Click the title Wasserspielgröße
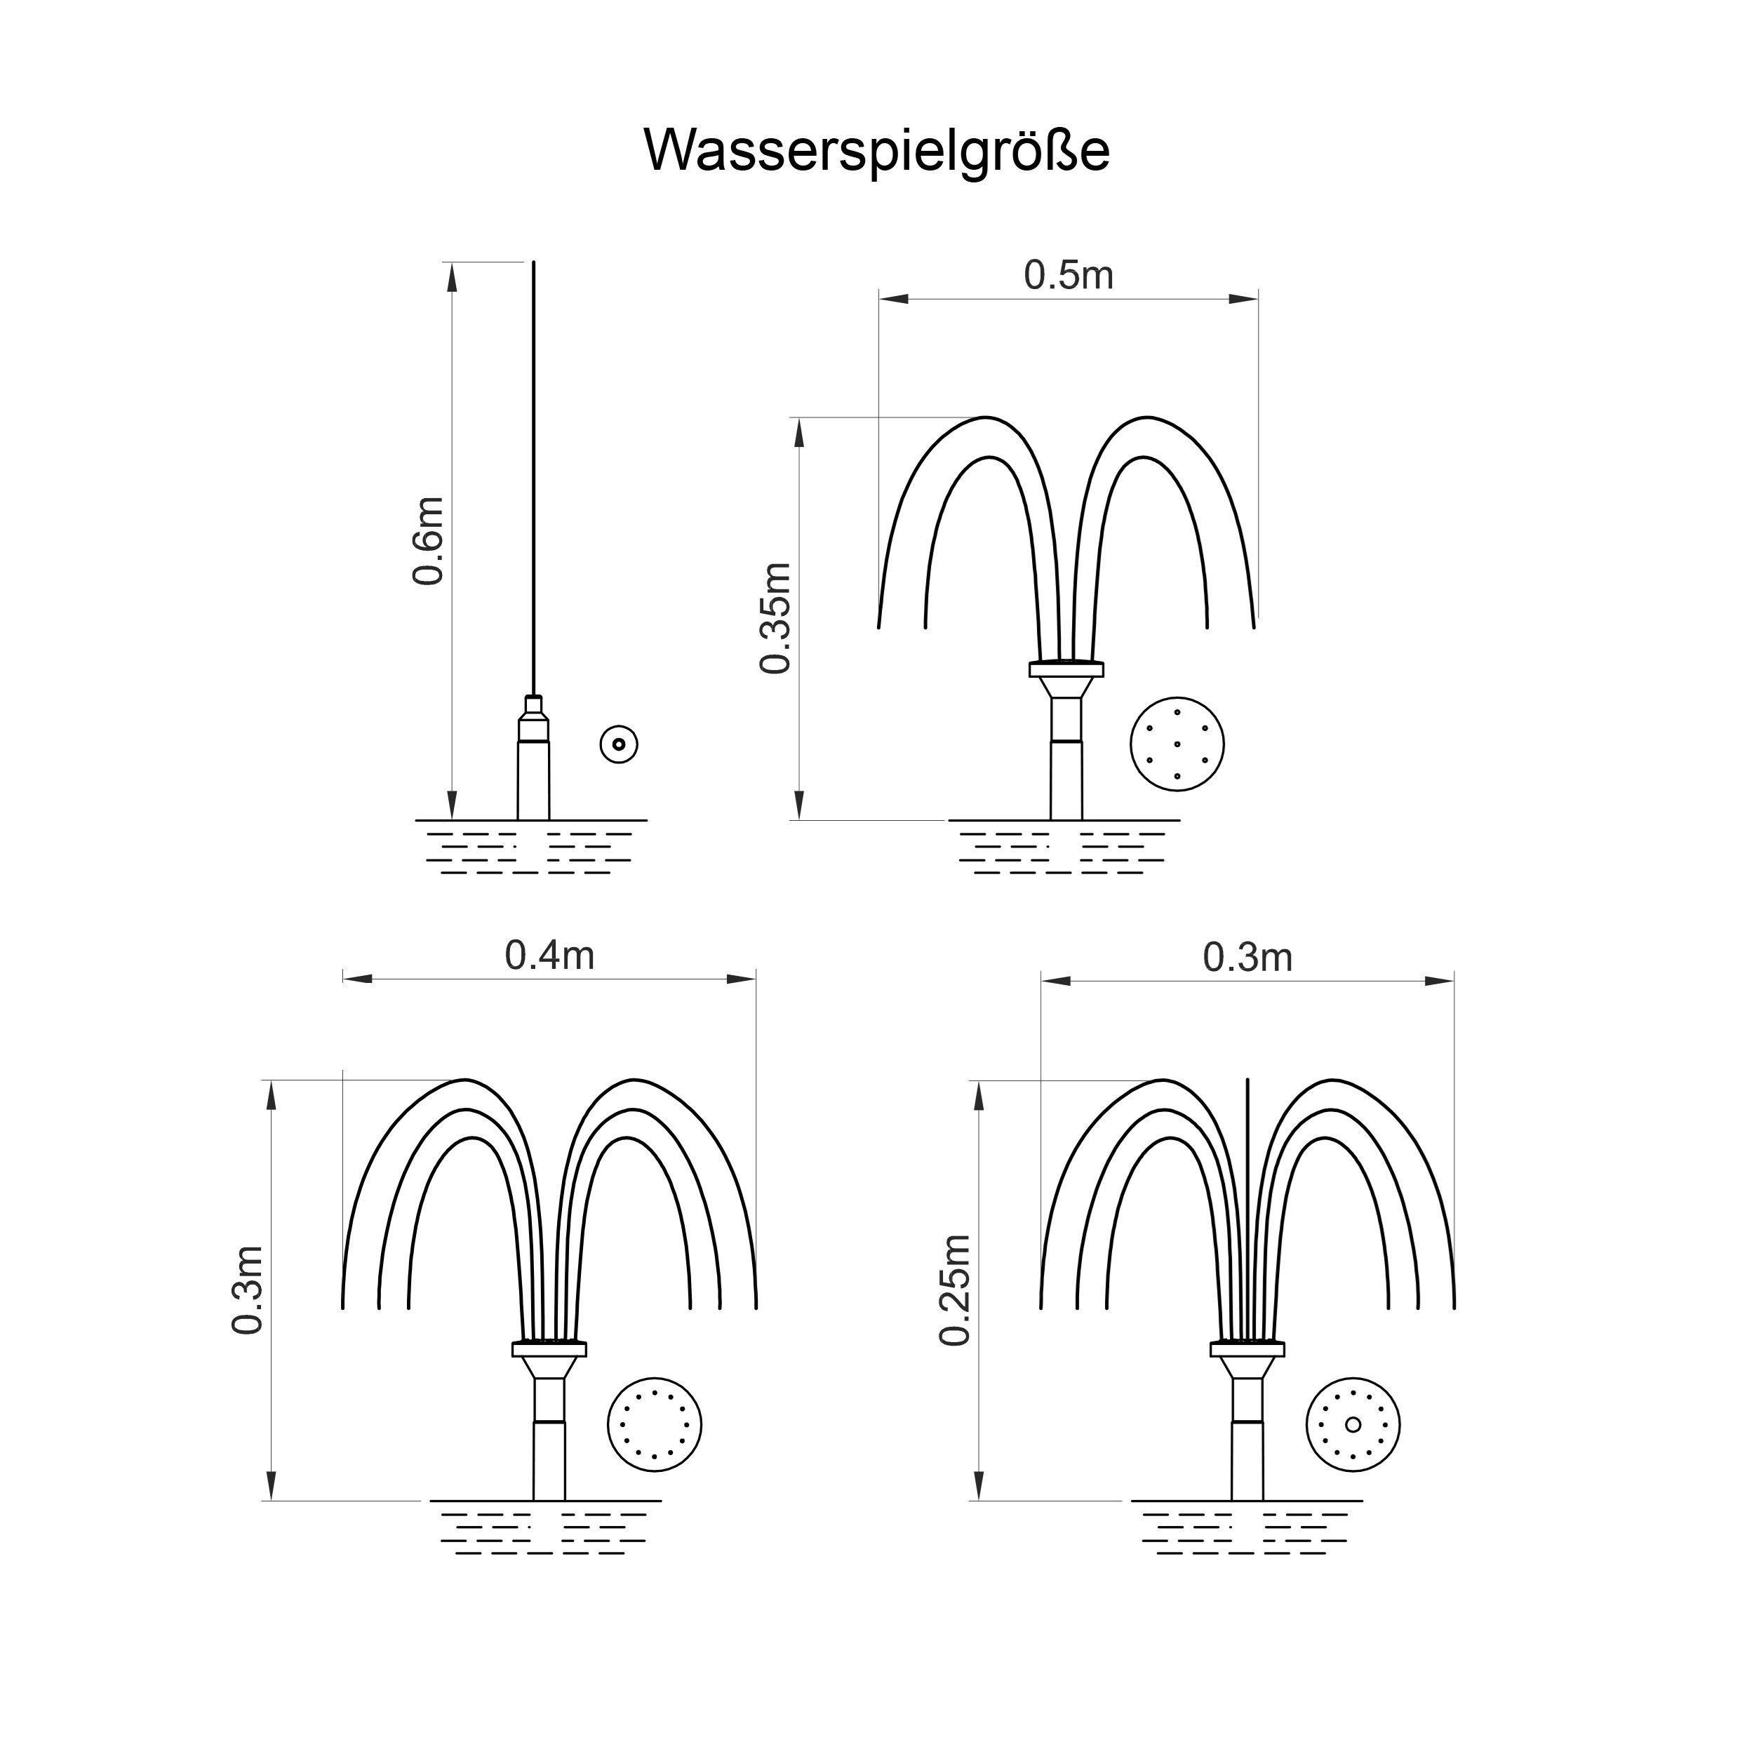click(x=876, y=151)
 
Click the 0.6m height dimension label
click(x=427, y=541)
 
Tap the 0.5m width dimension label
click(x=1068, y=275)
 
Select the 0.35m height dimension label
click(x=776, y=618)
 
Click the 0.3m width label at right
click(x=1247, y=957)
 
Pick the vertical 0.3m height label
click(x=247, y=1290)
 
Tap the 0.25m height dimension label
click(x=955, y=1290)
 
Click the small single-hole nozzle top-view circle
click(x=620, y=744)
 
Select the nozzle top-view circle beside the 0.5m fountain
click(x=1177, y=744)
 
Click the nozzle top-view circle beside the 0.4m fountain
click(x=654, y=1426)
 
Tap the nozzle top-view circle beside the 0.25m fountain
click(x=1353, y=1426)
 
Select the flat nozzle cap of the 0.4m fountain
click(x=549, y=1349)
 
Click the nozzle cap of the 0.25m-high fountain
click(x=1247, y=1349)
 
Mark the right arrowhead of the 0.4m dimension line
click(x=742, y=979)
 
